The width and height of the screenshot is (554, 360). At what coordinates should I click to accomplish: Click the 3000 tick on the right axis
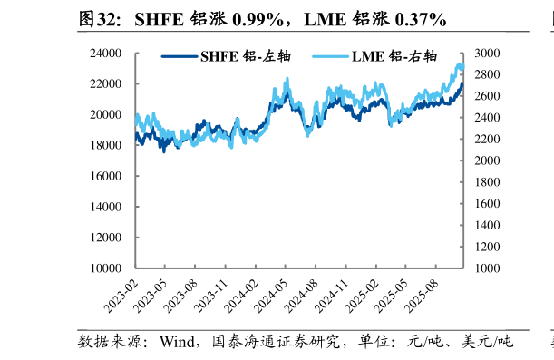click(481, 54)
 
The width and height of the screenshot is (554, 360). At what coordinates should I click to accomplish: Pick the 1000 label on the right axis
click(481, 268)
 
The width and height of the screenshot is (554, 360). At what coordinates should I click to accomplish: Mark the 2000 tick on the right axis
click(481, 161)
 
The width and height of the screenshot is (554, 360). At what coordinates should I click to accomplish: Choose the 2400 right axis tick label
click(481, 118)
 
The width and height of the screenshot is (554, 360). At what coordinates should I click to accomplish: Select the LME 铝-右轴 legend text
click(387, 56)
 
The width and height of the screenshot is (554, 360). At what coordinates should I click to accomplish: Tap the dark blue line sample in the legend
click(179, 56)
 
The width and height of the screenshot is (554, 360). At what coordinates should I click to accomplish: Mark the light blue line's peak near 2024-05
click(287, 80)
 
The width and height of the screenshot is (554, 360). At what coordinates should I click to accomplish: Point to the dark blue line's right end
click(462, 83)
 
